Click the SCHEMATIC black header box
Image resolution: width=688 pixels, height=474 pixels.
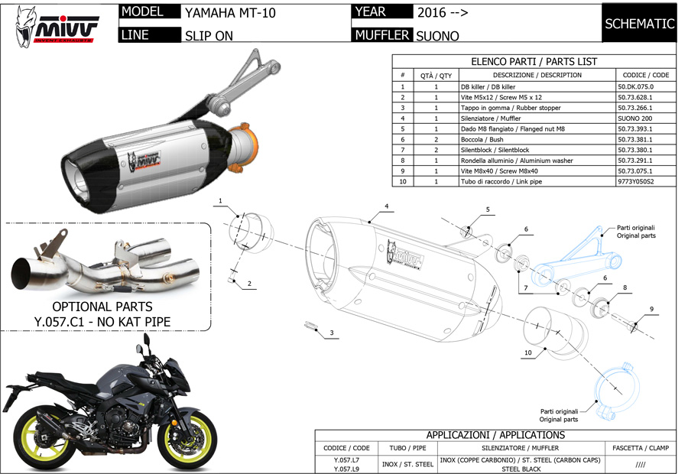639,24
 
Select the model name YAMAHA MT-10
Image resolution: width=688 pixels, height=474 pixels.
230,13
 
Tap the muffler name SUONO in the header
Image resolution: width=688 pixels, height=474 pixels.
437,35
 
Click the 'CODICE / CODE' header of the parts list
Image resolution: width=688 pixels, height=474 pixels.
645,75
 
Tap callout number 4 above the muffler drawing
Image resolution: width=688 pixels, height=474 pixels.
387,206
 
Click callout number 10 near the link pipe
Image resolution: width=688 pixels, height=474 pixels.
528,352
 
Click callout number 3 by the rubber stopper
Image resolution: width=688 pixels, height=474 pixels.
332,333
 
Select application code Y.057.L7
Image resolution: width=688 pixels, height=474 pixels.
346,460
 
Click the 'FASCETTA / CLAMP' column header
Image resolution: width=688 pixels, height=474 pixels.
639,448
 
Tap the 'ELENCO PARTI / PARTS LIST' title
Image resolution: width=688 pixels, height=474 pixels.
534,61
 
